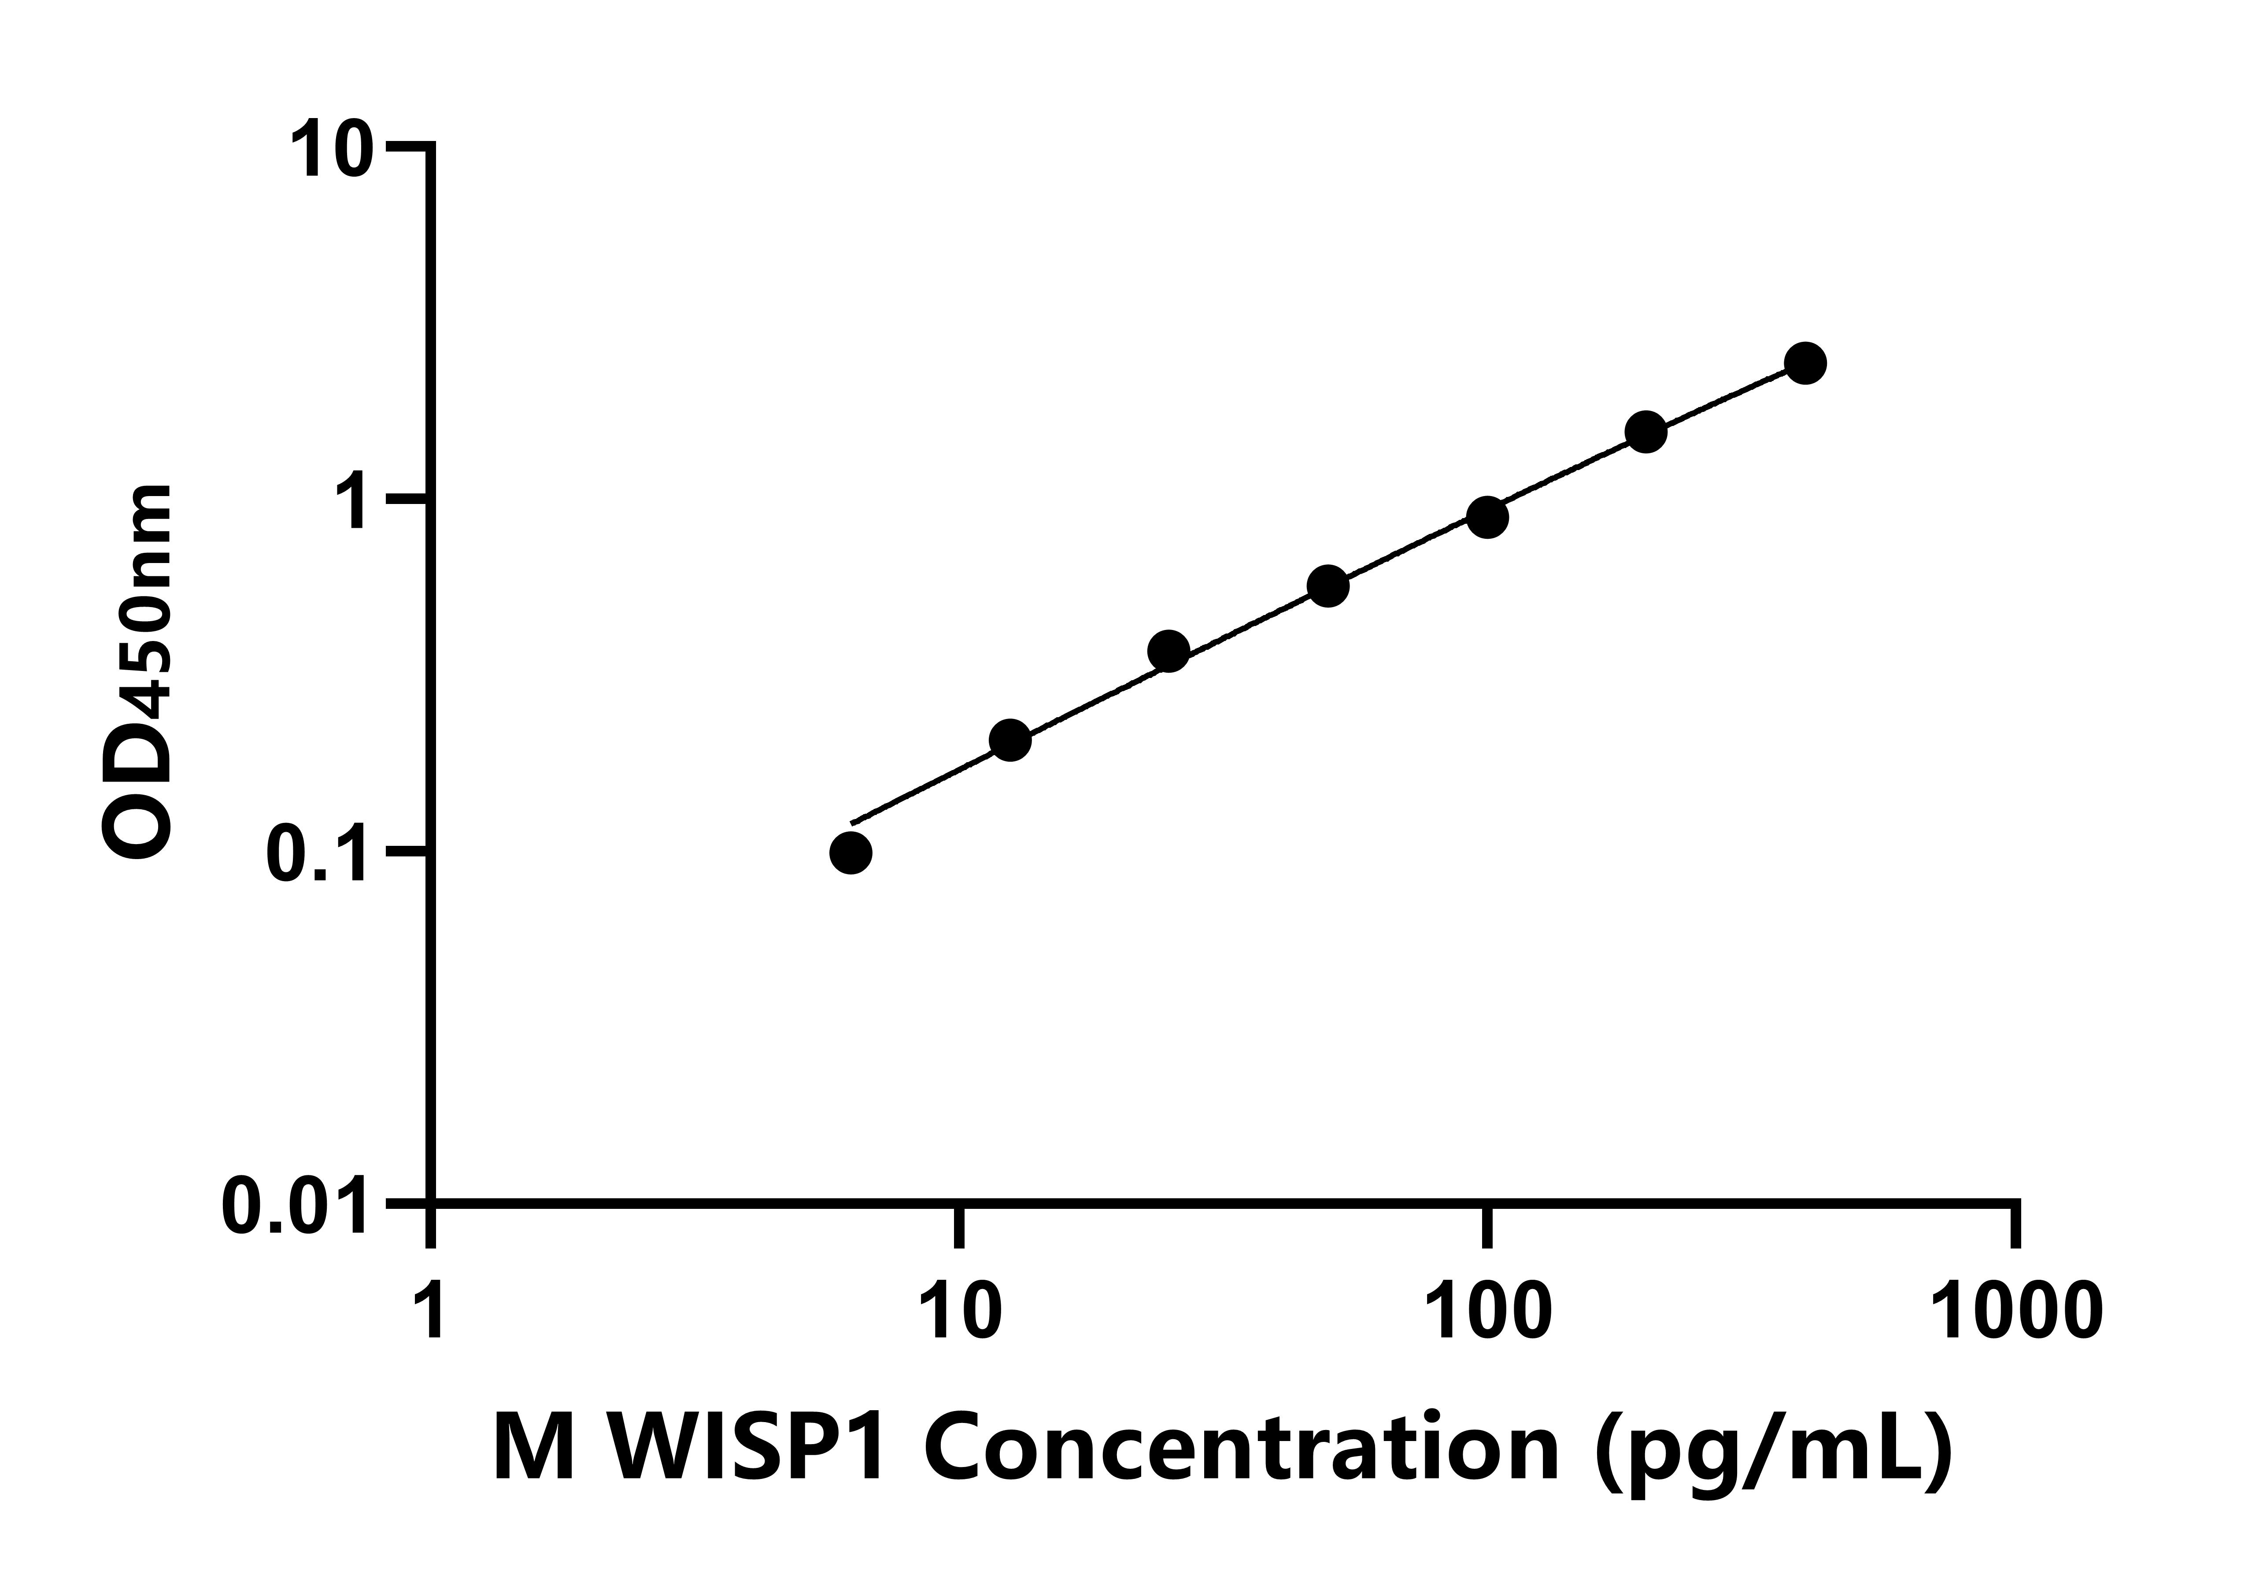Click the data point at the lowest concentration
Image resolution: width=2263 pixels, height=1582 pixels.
pos(850,852)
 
